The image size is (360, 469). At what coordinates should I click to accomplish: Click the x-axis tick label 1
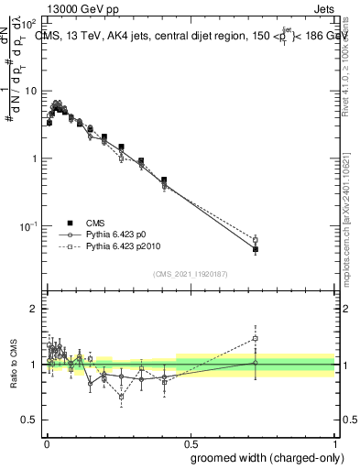pyautogui.click(x=334, y=443)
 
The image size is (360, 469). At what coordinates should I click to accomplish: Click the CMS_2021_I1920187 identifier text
pyautogui.click(x=190, y=274)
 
